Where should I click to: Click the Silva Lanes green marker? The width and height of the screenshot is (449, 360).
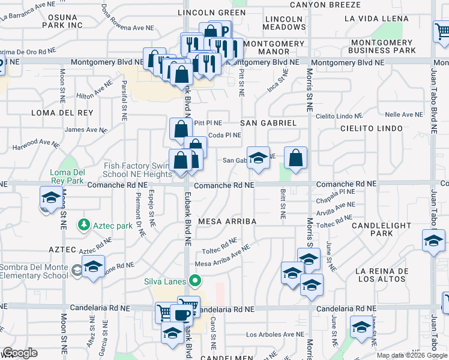click(194, 280)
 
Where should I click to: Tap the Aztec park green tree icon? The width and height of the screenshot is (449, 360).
click(83, 225)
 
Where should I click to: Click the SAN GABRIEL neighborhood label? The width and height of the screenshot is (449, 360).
click(268, 122)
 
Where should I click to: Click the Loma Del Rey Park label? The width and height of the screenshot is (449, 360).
click(67, 176)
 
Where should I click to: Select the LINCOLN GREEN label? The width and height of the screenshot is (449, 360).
click(207, 12)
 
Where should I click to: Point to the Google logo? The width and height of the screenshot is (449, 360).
click(20, 353)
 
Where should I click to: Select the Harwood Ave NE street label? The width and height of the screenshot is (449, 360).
click(35, 143)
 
